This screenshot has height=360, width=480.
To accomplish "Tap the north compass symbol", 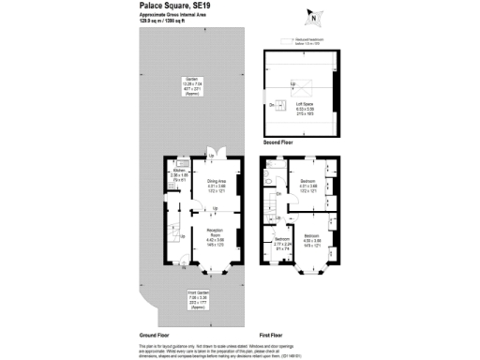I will click(312, 16).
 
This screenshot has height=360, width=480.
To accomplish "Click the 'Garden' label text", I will click(190, 78).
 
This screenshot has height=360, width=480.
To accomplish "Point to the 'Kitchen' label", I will click(180, 170).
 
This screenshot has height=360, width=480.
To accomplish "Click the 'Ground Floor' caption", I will click(154, 335).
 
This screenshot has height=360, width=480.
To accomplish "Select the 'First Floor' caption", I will click(273, 335).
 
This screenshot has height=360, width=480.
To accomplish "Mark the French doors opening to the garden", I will click(219, 155).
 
